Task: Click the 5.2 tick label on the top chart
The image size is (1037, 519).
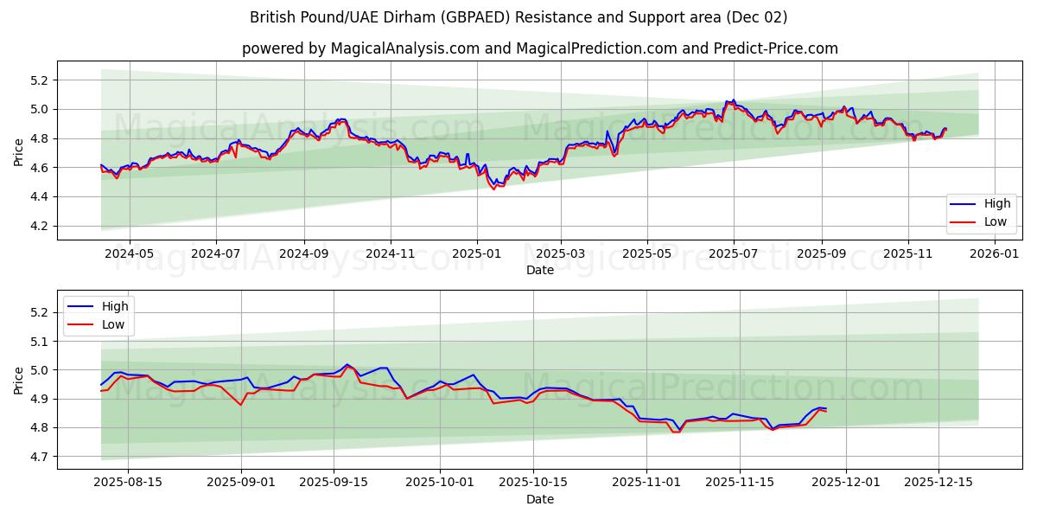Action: click(39, 80)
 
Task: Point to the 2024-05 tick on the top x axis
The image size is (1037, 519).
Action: click(130, 254)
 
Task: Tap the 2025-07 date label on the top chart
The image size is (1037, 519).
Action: click(734, 254)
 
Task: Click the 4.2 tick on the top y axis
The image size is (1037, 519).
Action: click(39, 226)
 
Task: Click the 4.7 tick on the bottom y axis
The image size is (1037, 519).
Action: click(39, 457)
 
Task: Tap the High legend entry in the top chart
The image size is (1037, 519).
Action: click(990, 204)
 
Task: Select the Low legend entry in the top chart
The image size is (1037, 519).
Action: click(989, 222)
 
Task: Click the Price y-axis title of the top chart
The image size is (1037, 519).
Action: click(19, 151)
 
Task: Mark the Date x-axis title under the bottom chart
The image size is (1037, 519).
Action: click(540, 499)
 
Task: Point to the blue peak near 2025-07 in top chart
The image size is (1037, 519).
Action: click(734, 99)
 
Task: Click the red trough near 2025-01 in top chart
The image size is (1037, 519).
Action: click(493, 189)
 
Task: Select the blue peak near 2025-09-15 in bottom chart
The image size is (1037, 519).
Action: click(347, 364)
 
